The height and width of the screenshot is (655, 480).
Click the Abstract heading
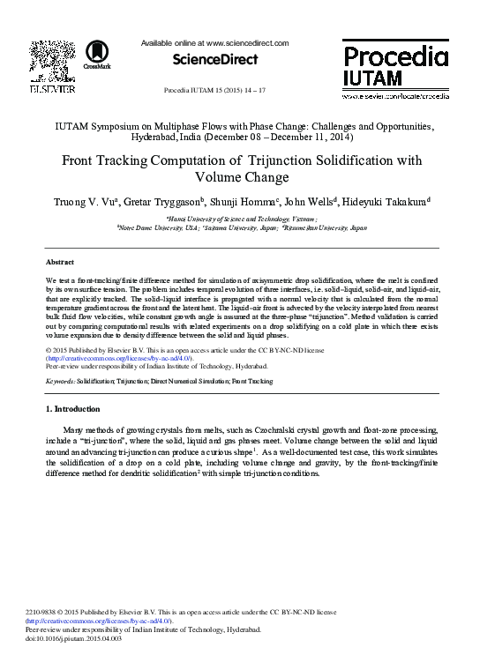pyautogui.click(x=60, y=262)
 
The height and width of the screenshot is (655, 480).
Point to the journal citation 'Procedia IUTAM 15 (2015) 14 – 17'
pyautogui.click(x=215, y=91)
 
